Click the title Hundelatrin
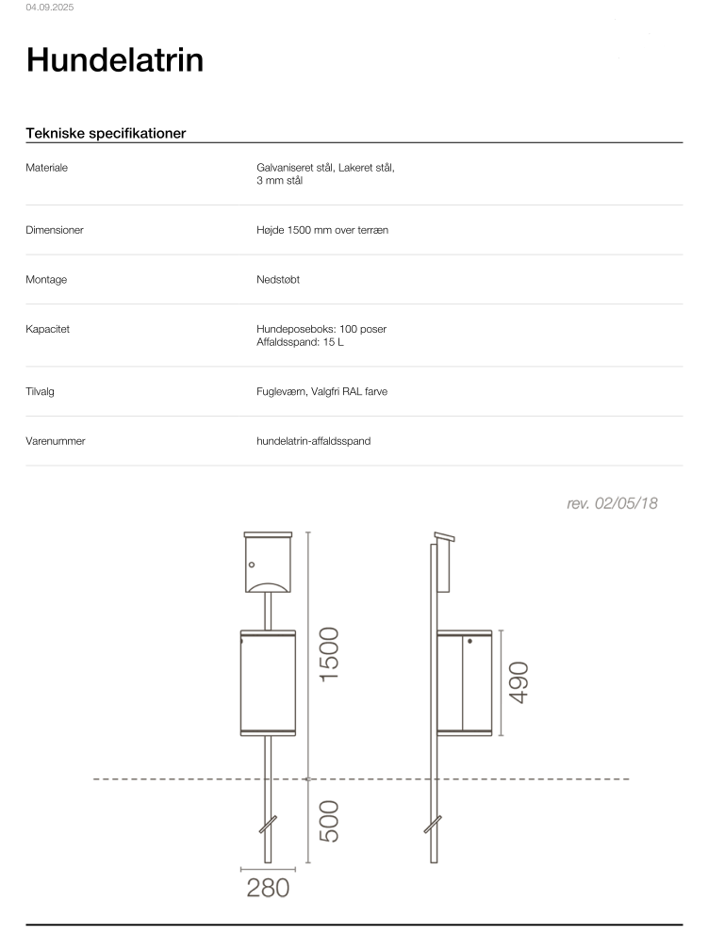point(114,60)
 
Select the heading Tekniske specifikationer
point(106,133)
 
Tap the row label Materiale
point(47,168)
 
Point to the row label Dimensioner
point(55,230)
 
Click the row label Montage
point(46,280)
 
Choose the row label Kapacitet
point(48,330)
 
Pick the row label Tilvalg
point(41,391)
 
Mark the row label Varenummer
point(56,441)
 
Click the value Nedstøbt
point(278,280)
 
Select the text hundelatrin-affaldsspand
point(313,441)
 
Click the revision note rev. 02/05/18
point(612,504)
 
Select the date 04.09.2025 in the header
point(50,8)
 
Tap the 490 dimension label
point(519,681)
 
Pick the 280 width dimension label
point(268,887)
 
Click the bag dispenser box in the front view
point(269,563)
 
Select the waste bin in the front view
point(269,683)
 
